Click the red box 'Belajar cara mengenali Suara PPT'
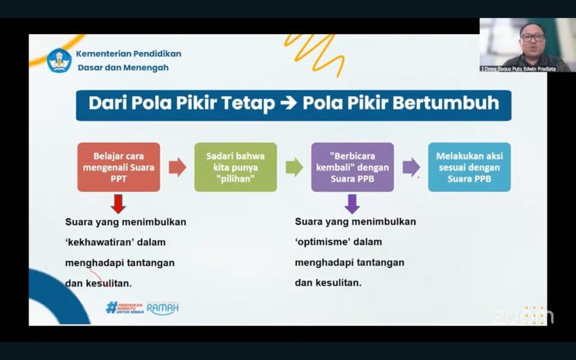coord(119,167)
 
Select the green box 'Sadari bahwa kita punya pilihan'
coord(236,167)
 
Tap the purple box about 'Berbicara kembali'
coord(352,167)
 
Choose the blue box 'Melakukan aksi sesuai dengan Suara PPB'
coord(470,167)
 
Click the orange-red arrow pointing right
coord(177,168)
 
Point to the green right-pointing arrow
coord(294,168)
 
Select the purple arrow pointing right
coord(411,168)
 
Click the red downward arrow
coord(118,204)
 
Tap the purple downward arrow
coord(352,204)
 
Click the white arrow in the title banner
coord(289,103)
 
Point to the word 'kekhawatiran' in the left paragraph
coord(115,242)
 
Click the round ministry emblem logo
coord(59,60)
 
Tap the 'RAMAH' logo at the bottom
coord(163,308)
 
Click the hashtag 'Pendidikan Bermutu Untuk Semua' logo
coord(124,308)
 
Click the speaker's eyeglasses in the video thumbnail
coord(533,38)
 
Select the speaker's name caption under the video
coord(518,69)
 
